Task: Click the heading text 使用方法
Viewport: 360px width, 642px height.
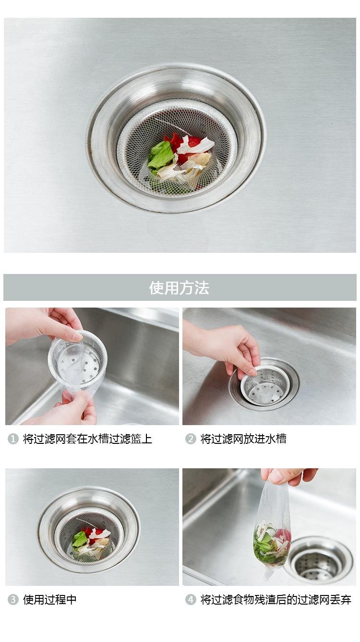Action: pyautogui.click(x=179, y=288)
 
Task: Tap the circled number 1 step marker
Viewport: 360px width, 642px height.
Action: pyautogui.click(x=13, y=439)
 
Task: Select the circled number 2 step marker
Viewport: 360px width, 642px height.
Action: pyautogui.click(x=190, y=439)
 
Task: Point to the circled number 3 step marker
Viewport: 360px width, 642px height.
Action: pyautogui.click(x=13, y=599)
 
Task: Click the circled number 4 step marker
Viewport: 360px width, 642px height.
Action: pyautogui.click(x=190, y=599)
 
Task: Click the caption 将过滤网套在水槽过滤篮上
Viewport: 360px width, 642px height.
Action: pyautogui.click(x=87, y=439)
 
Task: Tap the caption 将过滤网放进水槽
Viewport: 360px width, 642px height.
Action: pyautogui.click(x=243, y=439)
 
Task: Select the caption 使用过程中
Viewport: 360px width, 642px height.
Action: pyautogui.click(x=49, y=599)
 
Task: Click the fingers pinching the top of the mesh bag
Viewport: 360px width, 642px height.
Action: pyautogui.click(x=288, y=476)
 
